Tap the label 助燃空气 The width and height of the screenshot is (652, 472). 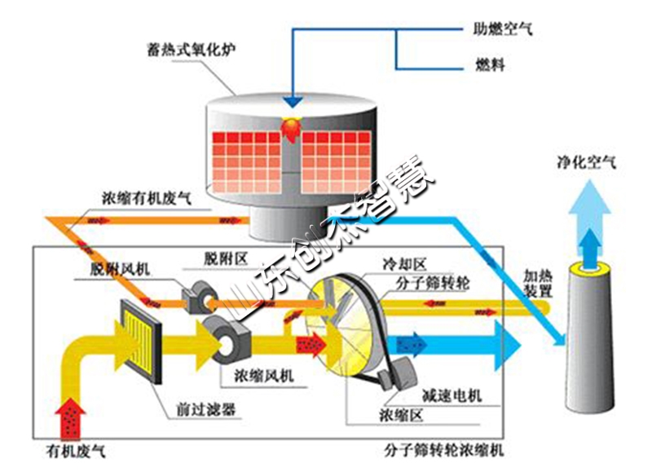tap(503, 30)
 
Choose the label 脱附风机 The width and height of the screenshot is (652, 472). tap(119, 269)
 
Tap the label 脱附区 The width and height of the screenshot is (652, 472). tap(223, 258)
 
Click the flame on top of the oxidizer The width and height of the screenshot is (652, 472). tap(291, 128)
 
